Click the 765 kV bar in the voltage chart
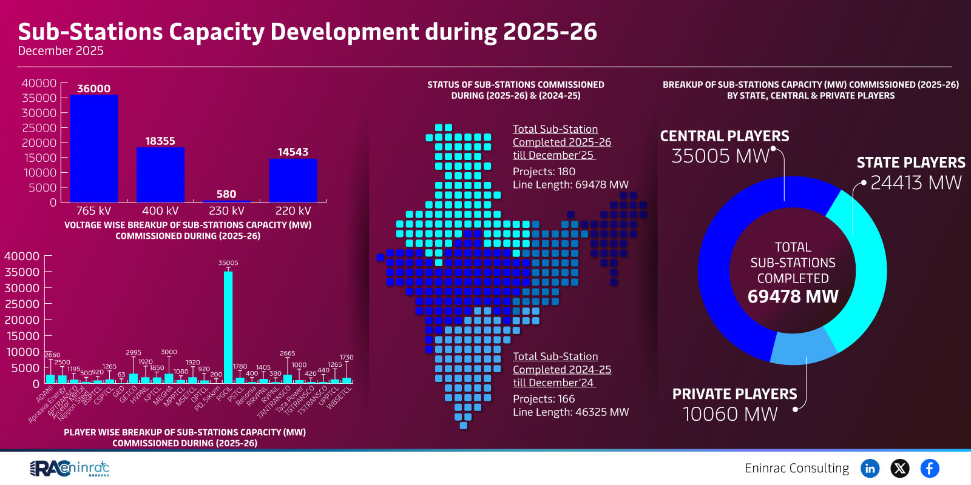point(93,149)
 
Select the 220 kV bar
point(293,180)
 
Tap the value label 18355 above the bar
point(160,141)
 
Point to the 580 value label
point(226,194)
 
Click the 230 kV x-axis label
point(226,210)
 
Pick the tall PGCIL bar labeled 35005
point(228,327)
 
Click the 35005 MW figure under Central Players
point(720,156)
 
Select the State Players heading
point(910,162)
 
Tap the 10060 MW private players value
point(730,414)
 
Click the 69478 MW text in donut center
point(793,296)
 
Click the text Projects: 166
point(544,399)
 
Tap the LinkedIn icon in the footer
point(870,468)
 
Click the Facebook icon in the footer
point(929,468)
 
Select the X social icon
point(899,468)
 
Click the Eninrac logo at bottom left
point(70,468)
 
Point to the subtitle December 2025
point(61,51)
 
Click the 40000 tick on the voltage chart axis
point(39,83)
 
